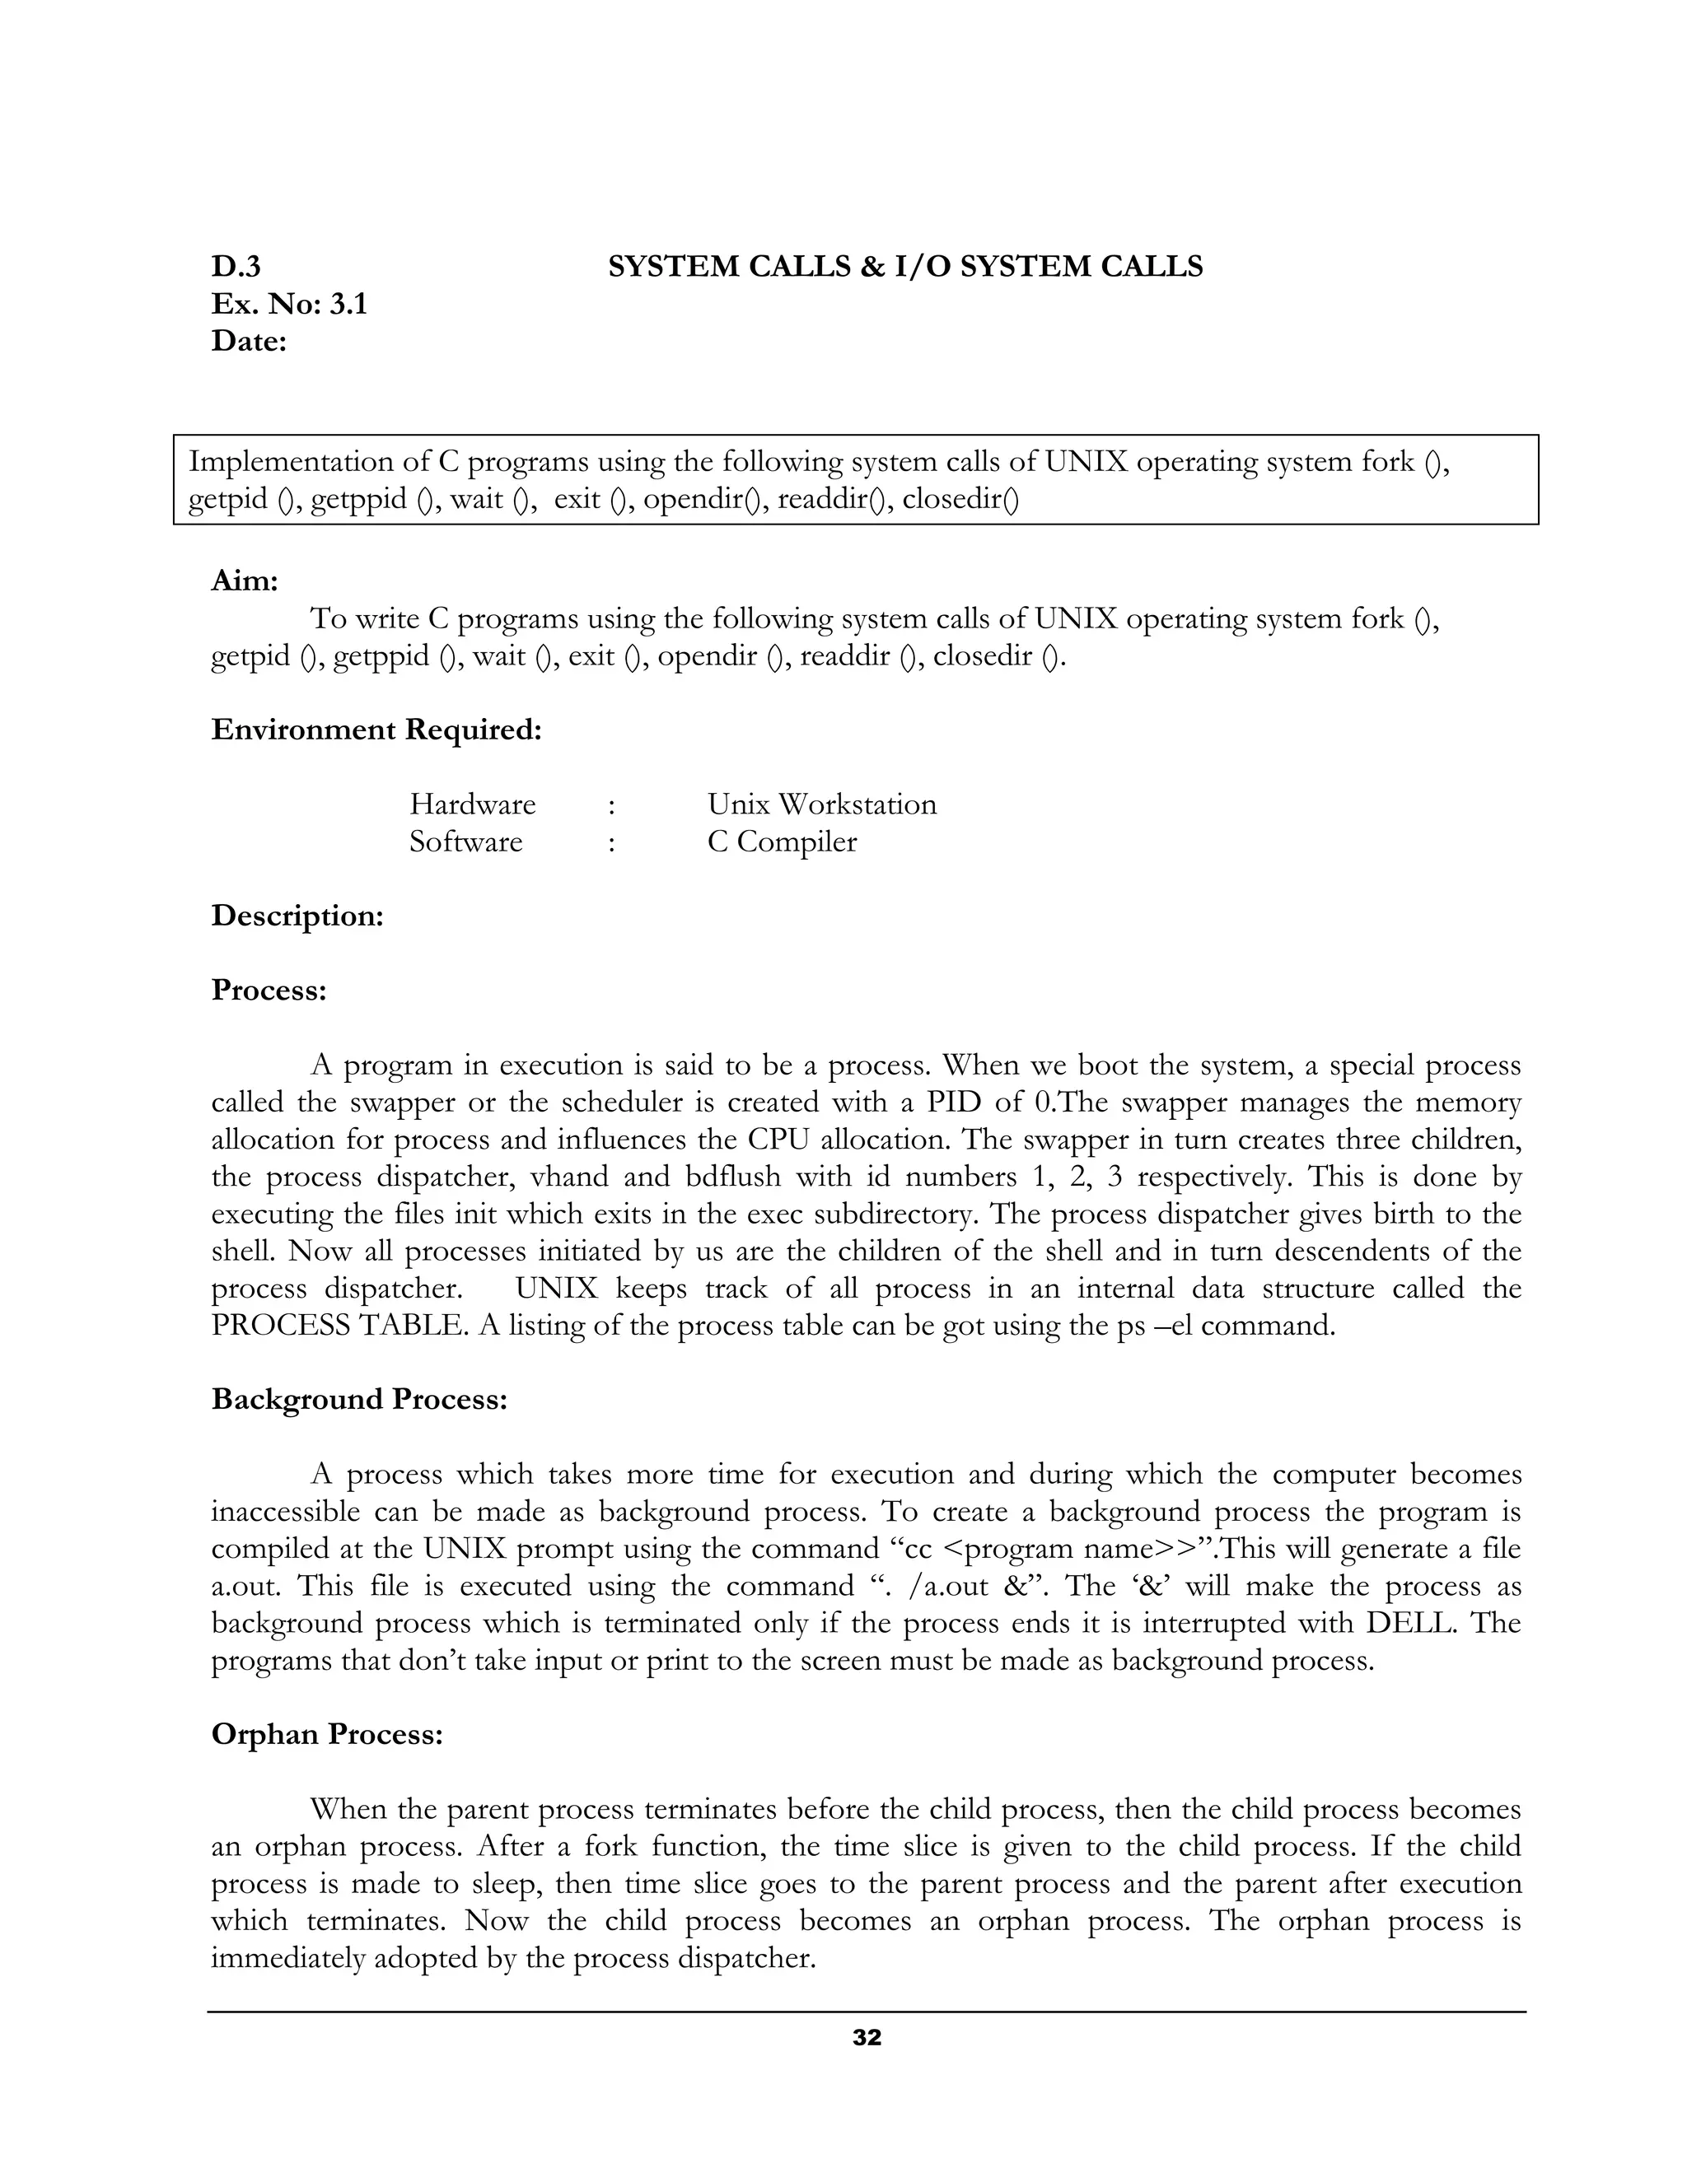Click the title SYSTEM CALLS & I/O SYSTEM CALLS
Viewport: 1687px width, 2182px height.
905,267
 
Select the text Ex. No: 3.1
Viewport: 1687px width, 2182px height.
289,304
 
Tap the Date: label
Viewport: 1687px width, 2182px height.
249,342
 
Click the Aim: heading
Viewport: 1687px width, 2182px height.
244,580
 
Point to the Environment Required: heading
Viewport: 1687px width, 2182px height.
376,730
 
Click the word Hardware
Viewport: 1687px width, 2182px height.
473,804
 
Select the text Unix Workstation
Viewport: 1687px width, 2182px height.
821,804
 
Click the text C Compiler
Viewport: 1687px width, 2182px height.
782,842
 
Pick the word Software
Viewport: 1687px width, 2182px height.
465,842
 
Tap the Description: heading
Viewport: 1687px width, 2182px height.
297,916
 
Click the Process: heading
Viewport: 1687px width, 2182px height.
269,990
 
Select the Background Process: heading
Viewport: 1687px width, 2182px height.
360,1400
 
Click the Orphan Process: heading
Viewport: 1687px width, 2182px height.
327,1734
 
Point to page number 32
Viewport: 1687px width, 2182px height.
867,2038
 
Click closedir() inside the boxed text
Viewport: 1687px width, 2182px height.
960,498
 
